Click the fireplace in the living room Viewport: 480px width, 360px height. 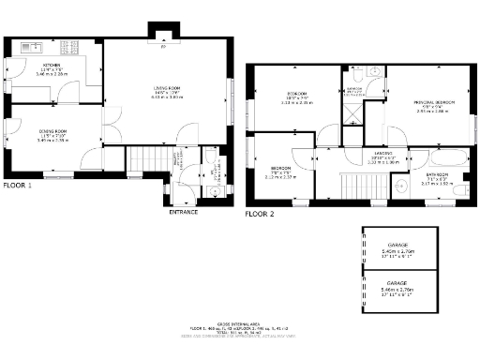[164, 40]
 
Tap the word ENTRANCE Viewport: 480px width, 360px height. [183, 212]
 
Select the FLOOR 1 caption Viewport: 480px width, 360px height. [17, 185]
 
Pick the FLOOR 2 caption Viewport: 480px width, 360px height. [260, 214]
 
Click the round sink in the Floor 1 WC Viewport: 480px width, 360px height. [215, 191]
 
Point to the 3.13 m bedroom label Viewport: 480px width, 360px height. [298, 97]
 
